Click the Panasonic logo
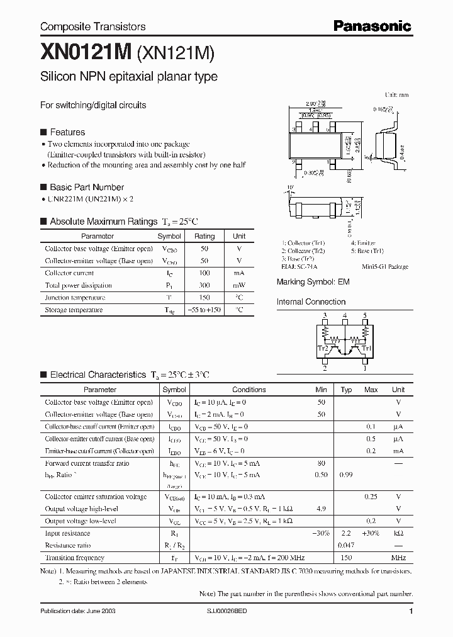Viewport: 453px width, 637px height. coord(372,26)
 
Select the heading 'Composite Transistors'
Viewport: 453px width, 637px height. coord(92,26)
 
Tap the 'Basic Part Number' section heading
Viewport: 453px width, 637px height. coord(87,187)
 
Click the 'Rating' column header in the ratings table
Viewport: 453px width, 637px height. coord(204,237)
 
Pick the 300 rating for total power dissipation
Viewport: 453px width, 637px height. coord(204,285)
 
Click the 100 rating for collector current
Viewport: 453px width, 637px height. coord(204,273)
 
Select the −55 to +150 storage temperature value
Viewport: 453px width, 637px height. coord(204,310)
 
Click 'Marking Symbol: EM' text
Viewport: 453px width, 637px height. coord(313,283)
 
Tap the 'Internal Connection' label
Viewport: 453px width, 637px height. coord(311,302)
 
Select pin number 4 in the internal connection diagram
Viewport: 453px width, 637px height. coord(345,315)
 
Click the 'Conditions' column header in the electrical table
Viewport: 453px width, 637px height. coord(249,390)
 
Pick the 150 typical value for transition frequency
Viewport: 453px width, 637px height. coord(345,558)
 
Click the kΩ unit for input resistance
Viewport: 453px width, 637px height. coord(398,533)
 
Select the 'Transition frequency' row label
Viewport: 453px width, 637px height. coord(75,558)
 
